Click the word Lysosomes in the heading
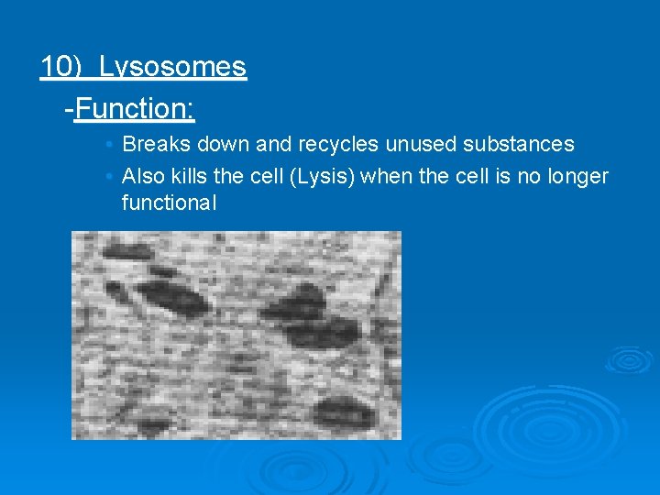pyautogui.click(x=172, y=67)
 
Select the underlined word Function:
pyautogui.click(x=135, y=110)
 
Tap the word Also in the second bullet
pyautogui.click(x=142, y=176)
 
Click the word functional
pyautogui.click(x=169, y=203)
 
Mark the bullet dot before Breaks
pyautogui.click(x=108, y=145)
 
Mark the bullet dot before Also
pyautogui.click(x=108, y=177)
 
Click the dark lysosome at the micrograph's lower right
pyautogui.click(x=346, y=412)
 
